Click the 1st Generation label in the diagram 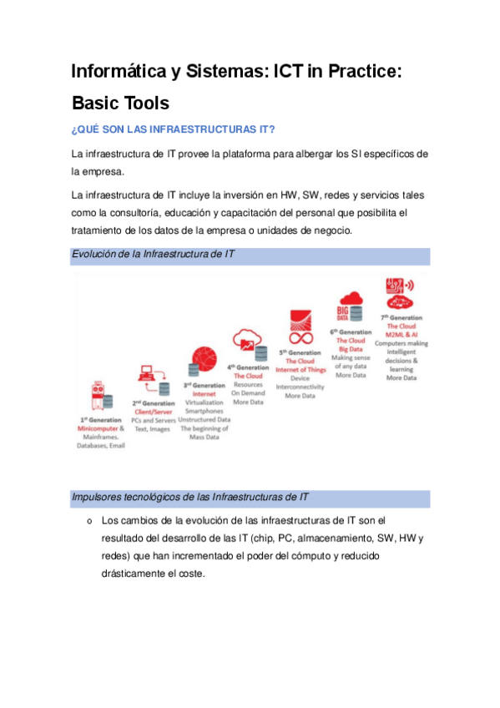[100, 418]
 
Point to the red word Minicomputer [97, 427]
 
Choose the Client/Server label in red [153, 412]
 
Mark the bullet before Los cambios [88, 521]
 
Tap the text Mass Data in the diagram [204, 436]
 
